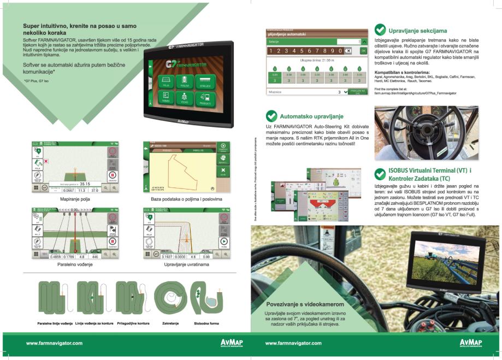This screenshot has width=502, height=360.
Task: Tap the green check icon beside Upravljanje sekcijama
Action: (380, 30)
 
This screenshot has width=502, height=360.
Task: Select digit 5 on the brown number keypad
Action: (306, 51)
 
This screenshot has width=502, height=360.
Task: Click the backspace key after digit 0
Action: (349, 51)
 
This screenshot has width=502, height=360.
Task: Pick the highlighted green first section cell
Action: (275, 80)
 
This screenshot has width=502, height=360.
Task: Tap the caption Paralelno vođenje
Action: (75, 264)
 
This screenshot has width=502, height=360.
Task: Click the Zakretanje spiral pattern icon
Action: (169, 298)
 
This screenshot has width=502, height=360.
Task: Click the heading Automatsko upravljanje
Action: (311, 116)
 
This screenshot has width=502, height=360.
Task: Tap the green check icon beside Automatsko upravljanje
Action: (270, 116)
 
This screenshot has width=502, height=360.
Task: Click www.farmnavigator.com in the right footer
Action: (293, 343)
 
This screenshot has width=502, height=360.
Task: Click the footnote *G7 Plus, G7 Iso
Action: (36, 81)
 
